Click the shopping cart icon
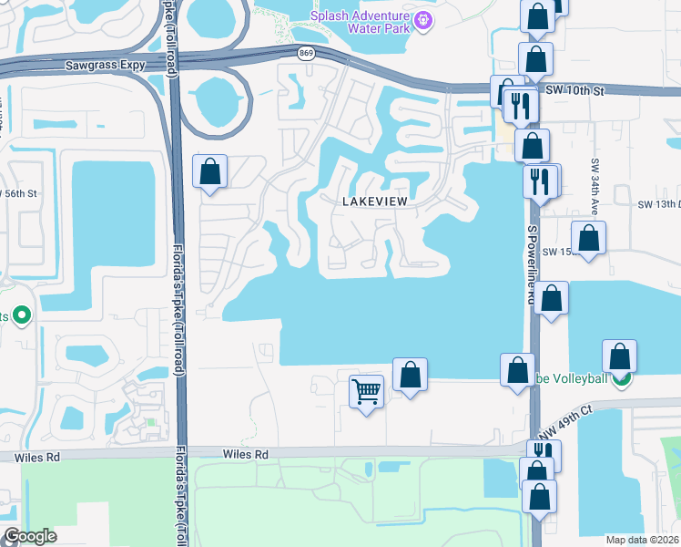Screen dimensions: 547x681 pyautogui.click(x=366, y=392)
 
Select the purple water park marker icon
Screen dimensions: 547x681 pyautogui.click(x=422, y=20)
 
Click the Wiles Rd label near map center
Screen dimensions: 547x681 pyautogui.click(x=246, y=453)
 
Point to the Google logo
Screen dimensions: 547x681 pyautogui.click(x=29, y=536)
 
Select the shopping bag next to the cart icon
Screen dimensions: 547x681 pyautogui.click(x=410, y=374)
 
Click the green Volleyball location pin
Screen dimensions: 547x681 pyautogui.click(x=621, y=378)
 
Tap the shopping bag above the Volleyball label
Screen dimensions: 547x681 pyautogui.click(x=619, y=356)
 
